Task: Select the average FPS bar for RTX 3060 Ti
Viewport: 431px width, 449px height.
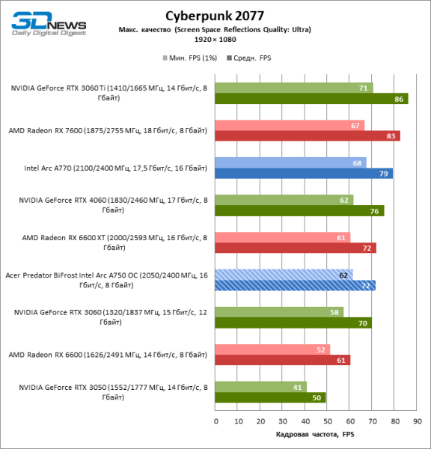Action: tap(311, 98)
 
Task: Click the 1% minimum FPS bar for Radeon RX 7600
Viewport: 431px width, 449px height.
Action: tap(290, 125)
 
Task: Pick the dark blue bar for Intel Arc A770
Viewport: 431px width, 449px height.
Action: tap(304, 174)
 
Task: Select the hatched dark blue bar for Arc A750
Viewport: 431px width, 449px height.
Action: tap(296, 285)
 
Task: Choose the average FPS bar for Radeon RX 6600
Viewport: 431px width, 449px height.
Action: tap(283, 360)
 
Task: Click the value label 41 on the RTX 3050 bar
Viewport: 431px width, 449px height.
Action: tap(299, 387)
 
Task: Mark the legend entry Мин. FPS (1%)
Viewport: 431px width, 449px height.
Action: tap(189, 57)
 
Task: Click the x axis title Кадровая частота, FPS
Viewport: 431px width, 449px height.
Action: tap(315, 435)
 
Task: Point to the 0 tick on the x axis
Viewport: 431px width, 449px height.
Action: tap(215, 421)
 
